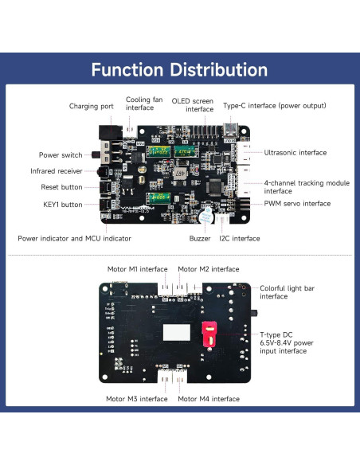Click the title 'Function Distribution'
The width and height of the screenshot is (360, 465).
179,69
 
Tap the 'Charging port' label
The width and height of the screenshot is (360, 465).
92,106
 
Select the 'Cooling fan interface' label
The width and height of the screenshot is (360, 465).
144,104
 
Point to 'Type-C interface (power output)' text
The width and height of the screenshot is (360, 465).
274,106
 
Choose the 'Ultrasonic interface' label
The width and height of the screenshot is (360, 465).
295,152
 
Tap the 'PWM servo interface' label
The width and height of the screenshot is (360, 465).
296,204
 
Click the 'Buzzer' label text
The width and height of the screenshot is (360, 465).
200,238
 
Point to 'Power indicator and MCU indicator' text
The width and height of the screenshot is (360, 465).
74,238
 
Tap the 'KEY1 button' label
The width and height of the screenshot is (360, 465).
62,205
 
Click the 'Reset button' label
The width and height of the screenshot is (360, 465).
61,187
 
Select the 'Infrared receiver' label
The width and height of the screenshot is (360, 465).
57,170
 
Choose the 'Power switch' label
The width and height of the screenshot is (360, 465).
61,154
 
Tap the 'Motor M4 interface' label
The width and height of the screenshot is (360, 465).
209,399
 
